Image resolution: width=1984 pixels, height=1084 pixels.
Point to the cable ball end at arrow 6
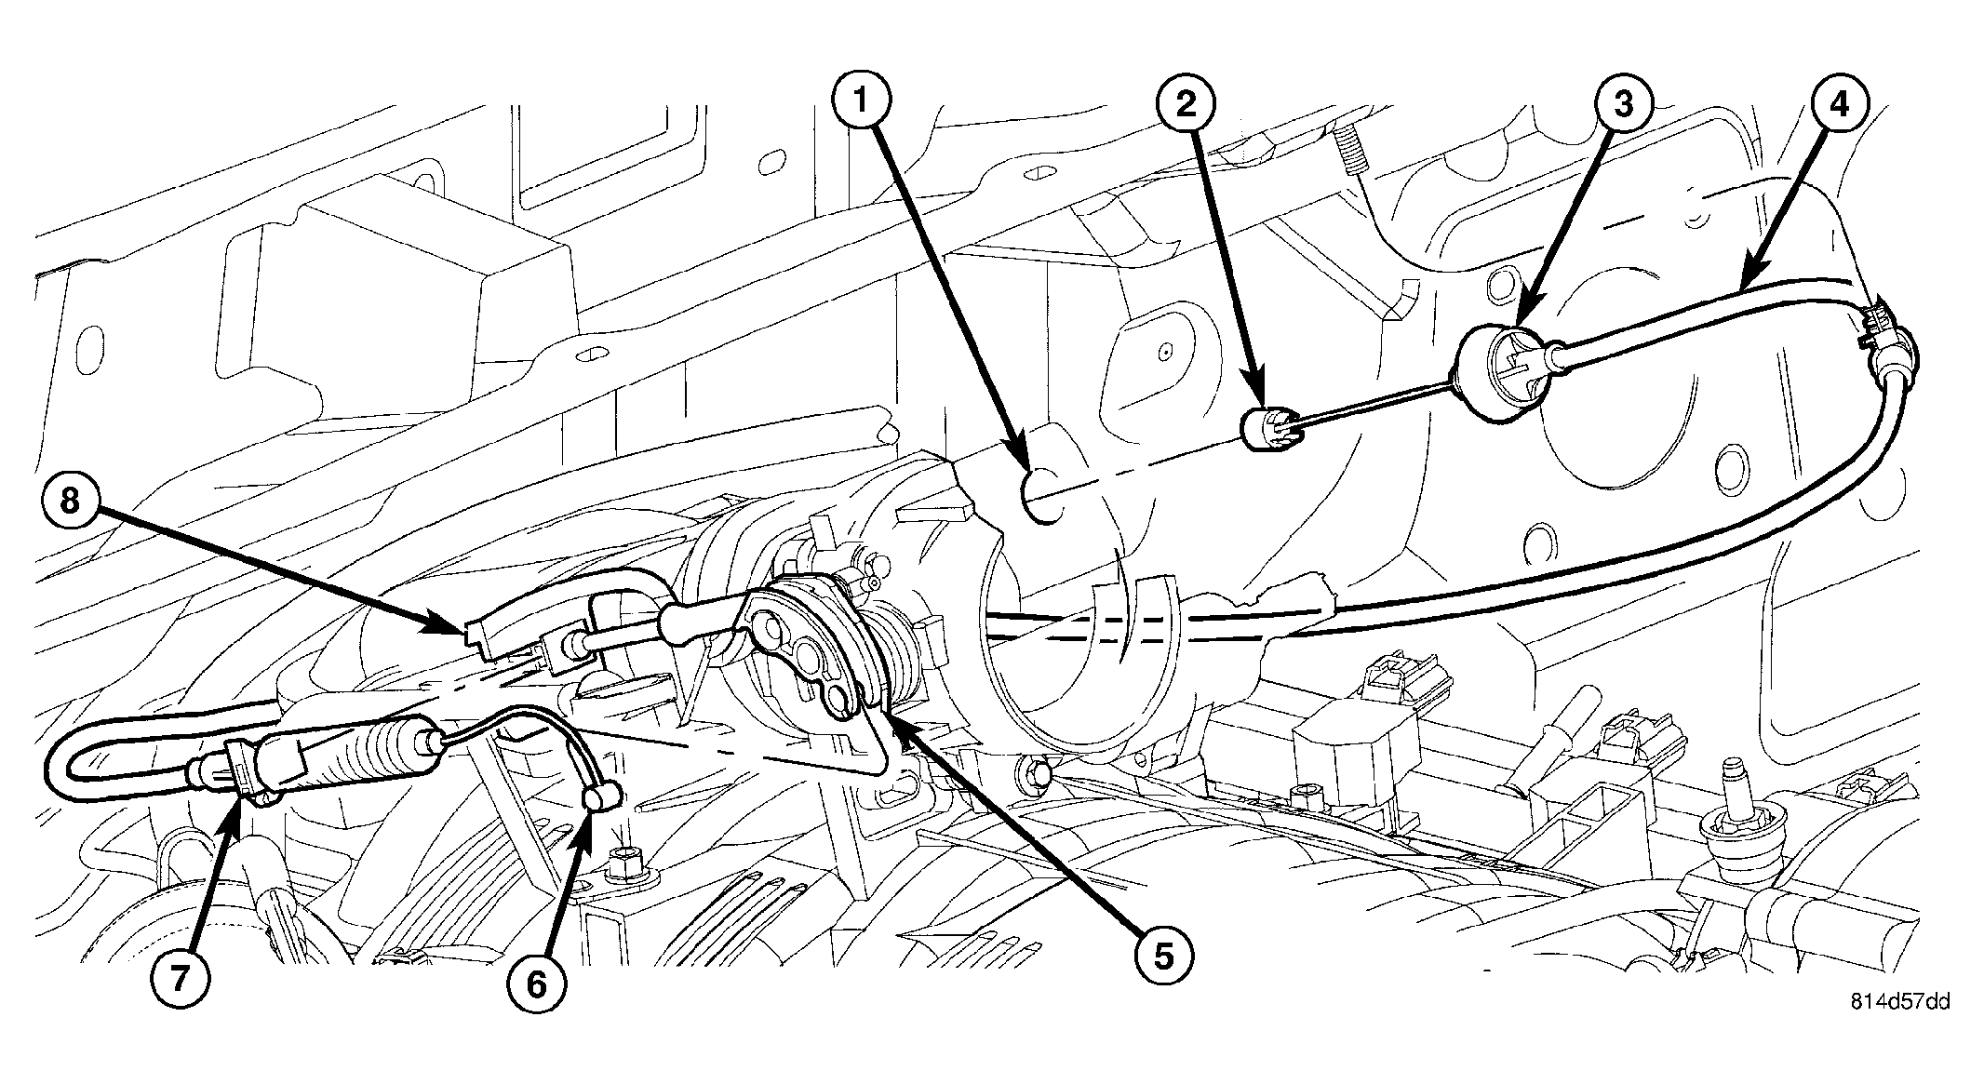coord(602,796)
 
